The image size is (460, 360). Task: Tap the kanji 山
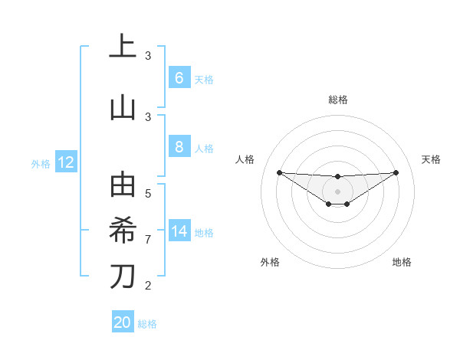[x=123, y=107]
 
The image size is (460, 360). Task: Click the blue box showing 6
[x=179, y=78]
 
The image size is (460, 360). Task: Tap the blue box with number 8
[x=179, y=147]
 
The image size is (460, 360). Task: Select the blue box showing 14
[x=179, y=232]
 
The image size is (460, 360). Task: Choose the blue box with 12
[x=65, y=162]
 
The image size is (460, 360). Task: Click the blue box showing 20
[x=122, y=322]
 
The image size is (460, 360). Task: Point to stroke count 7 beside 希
[x=148, y=240]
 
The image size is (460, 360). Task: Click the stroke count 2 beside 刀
[x=148, y=286]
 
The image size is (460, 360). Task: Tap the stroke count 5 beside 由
[x=148, y=194]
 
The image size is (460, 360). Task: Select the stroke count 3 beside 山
[x=148, y=116]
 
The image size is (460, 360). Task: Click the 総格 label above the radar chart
[x=337, y=100]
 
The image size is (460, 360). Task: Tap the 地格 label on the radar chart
[x=402, y=262]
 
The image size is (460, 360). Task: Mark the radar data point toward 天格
[x=396, y=172]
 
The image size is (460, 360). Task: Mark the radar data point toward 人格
[x=279, y=172]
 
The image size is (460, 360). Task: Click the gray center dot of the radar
[x=337, y=191]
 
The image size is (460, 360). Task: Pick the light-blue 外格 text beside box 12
[x=41, y=163]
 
